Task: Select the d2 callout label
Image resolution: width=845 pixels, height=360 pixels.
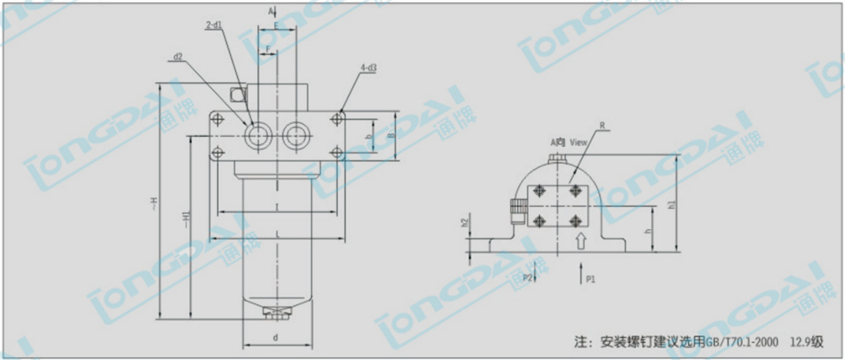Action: tap(178, 57)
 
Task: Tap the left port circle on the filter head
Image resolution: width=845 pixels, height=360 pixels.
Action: tap(257, 134)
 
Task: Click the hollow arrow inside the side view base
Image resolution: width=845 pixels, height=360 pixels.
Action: tap(580, 242)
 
